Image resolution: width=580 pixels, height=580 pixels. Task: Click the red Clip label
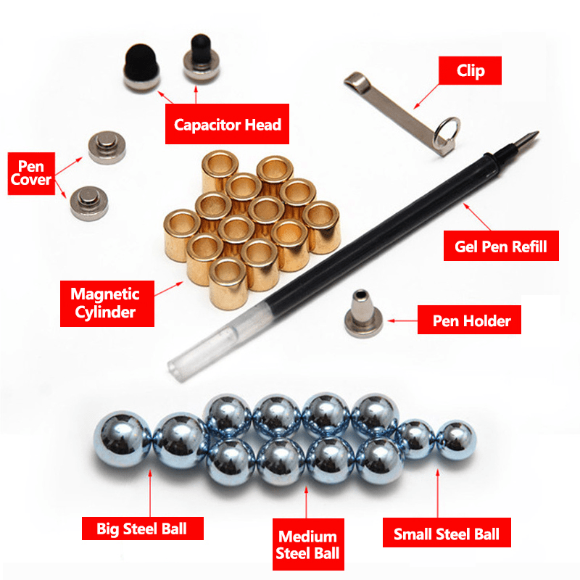tap(471, 71)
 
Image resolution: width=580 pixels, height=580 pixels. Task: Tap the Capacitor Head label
tap(227, 124)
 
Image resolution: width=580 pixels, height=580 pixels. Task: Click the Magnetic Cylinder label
tap(104, 303)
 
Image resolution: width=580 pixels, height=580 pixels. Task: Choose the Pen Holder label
tap(468, 320)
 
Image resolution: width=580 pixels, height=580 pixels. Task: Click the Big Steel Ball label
tap(141, 528)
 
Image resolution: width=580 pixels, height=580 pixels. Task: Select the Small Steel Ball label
tap(446, 534)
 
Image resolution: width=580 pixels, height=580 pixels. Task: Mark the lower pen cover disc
tap(87, 200)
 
